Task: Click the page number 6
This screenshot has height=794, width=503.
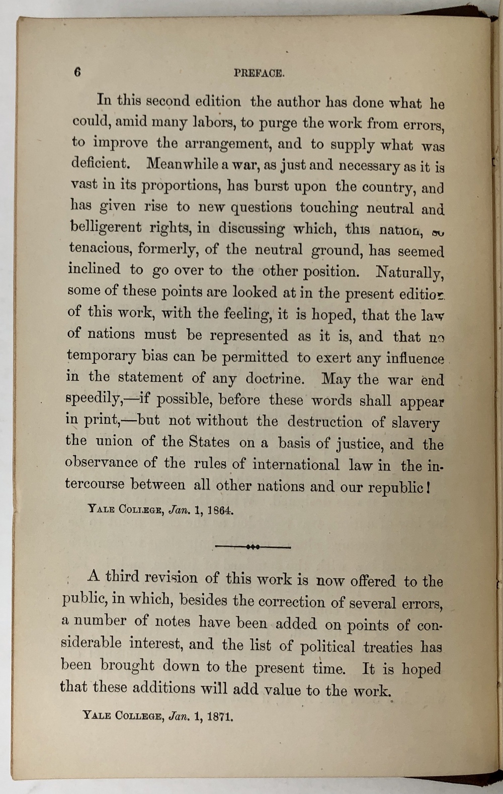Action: (x=77, y=72)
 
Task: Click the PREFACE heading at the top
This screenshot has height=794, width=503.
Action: (x=259, y=73)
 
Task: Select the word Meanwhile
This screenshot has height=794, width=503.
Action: (x=183, y=164)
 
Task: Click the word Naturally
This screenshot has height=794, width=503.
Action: (x=409, y=272)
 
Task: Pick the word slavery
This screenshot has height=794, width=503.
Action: (x=415, y=423)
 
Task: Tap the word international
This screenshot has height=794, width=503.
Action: (x=296, y=464)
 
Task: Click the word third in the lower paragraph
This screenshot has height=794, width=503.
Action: (x=122, y=576)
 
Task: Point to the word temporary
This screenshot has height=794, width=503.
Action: (x=101, y=357)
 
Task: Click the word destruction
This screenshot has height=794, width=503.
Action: (x=324, y=422)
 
